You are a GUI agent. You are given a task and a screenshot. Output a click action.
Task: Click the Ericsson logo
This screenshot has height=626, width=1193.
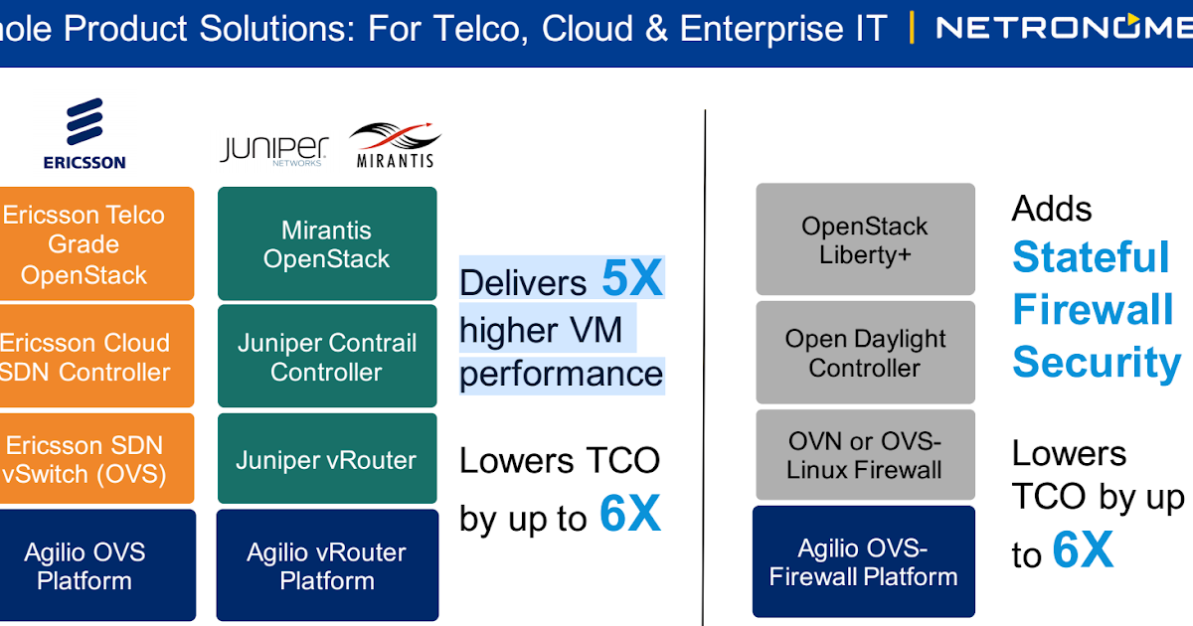coord(85,133)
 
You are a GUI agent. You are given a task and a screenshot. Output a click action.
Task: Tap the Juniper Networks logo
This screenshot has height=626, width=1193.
coord(273,151)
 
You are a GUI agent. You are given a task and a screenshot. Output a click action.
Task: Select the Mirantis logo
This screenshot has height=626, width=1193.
coord(395,145)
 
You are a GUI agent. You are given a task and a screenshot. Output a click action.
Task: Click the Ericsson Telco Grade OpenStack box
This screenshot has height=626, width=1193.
coord(96,243)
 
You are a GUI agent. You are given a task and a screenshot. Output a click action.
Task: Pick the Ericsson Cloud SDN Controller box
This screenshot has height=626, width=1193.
coord(96,356)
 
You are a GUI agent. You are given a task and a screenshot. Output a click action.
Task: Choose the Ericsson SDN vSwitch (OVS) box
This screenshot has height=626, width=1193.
coord(96,459)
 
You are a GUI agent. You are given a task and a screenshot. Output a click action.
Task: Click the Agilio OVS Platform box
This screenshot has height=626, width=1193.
coord(97,565)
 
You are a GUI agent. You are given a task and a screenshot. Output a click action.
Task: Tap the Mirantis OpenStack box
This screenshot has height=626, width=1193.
coord(327,243)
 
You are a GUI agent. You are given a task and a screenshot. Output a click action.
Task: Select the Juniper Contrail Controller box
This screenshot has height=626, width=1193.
coord(327,356)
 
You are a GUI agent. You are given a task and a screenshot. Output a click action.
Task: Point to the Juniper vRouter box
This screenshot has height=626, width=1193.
coord(327,459)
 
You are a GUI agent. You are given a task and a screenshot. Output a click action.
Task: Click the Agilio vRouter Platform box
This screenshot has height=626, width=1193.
coord(327,565)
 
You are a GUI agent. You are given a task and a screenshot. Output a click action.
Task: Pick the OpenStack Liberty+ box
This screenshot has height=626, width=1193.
coord(866,239)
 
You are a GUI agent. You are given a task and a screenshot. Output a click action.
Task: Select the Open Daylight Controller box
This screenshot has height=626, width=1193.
coord(866,353)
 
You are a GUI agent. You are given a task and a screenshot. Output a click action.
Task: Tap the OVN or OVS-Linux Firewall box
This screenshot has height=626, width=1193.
coord(866,455)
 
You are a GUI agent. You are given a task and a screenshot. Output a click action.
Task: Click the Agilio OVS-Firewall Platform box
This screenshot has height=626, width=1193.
coord(864,561)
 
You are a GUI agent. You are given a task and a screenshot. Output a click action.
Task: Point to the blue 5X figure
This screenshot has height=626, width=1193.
coord(632,278)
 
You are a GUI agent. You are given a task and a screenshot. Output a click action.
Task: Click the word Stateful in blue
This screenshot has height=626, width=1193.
coord(1091,257)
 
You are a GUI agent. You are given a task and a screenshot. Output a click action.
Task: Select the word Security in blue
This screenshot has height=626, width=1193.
coord(1097,363)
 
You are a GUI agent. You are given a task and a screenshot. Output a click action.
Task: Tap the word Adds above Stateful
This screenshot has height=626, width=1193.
coord(1052,209)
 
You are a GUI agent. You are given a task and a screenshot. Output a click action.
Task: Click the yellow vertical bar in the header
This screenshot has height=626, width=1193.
coord(912,27)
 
